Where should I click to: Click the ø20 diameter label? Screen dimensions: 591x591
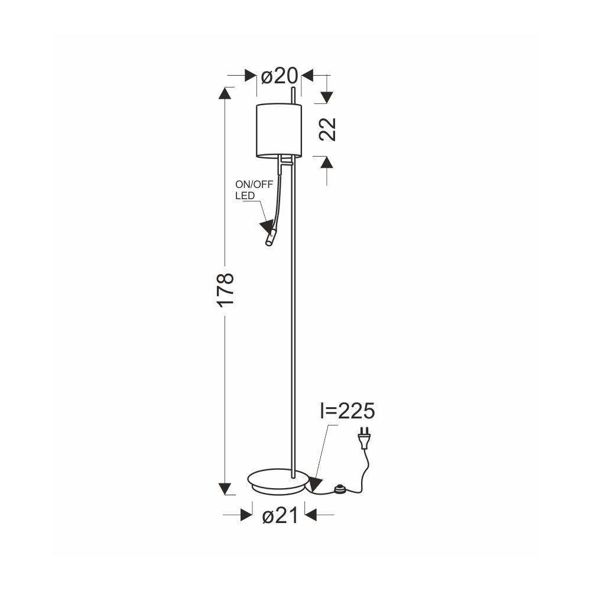pyautogui.click(x=280, y=76)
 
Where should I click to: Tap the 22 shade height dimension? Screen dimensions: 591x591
pyautogui.click(x=327, y=129)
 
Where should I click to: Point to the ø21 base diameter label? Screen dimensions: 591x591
pyautogui.click(x=280, y=515)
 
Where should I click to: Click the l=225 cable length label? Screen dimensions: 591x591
pyautogui.click(x=347, y=411)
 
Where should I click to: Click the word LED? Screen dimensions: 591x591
pyautogui.click(x=245, y=196)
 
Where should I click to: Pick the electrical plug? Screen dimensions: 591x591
pyautogui.click(x=363, y=437)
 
